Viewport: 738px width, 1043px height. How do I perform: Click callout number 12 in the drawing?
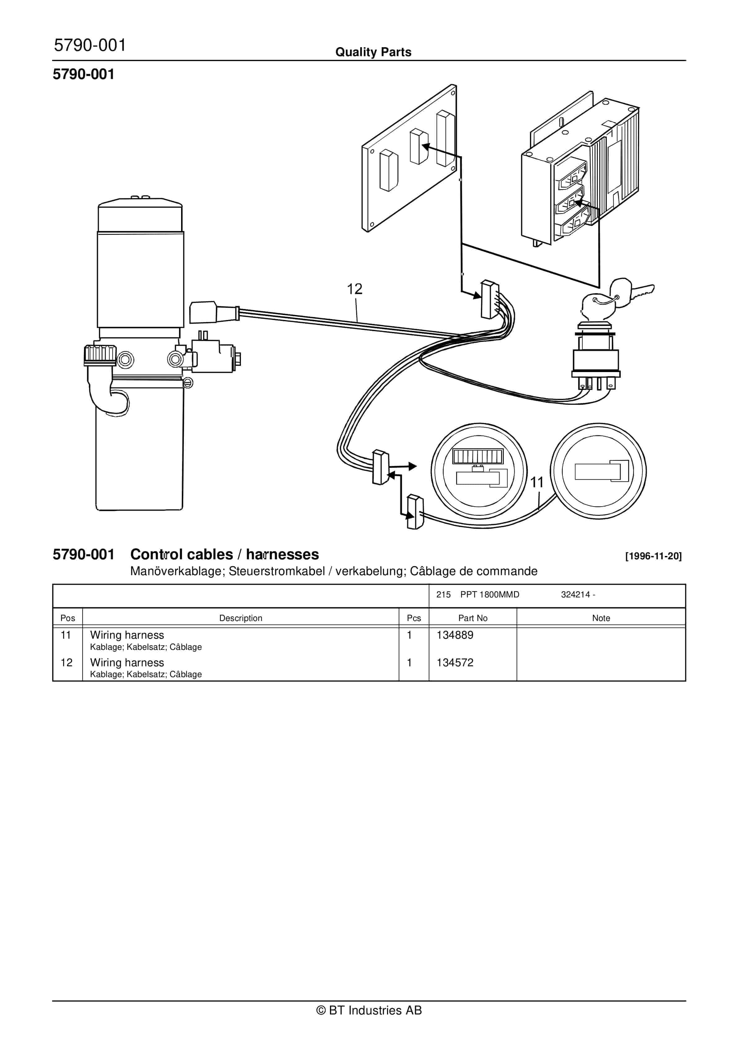tap(354, 289)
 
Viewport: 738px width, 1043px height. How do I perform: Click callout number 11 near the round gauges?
tap(537, 482)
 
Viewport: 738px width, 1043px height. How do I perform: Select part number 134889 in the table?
tap(455, 635)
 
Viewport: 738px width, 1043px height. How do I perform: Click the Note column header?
tap(601, 618)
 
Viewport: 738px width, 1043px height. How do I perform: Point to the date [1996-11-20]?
tap(653, 556)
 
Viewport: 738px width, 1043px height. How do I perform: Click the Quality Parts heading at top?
tap(373, 52)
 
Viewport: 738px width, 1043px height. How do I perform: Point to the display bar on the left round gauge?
tap(477, 456)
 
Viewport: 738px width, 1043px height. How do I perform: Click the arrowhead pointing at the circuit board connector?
tap(426, 146)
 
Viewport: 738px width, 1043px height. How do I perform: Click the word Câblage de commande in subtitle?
tap(473, 571)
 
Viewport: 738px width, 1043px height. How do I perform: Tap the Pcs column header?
tap(414, 618)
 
